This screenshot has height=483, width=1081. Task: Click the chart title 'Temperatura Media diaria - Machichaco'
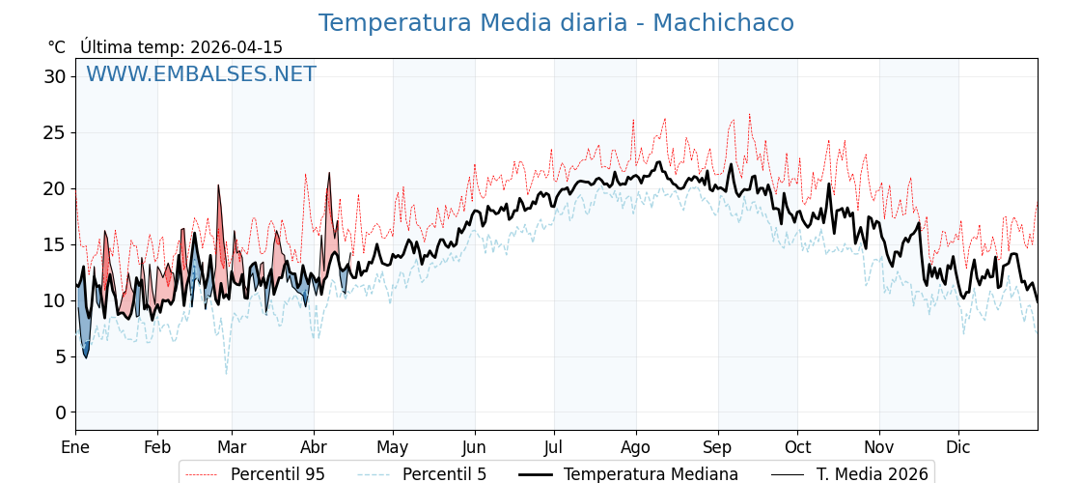coord(556,23)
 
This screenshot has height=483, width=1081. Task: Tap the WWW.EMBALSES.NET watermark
coord(201,74)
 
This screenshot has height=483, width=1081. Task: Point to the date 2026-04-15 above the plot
coord(236,47)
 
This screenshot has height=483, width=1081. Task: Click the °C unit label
coord(57,47)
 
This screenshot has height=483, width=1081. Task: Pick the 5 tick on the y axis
coord(60,356)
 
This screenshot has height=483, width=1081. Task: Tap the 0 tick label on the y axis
coord(60,412)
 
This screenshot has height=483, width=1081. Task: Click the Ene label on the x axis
coord(75,447)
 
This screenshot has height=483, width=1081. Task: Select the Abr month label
coord(314,447)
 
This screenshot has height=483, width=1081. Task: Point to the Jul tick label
coord(554,447)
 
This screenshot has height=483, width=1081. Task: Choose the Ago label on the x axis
coord(636,447)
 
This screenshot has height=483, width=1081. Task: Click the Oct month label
coord(797,447)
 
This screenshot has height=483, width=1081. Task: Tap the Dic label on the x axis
coord(958,447)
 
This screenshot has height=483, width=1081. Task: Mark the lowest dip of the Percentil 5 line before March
coord(227,373)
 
